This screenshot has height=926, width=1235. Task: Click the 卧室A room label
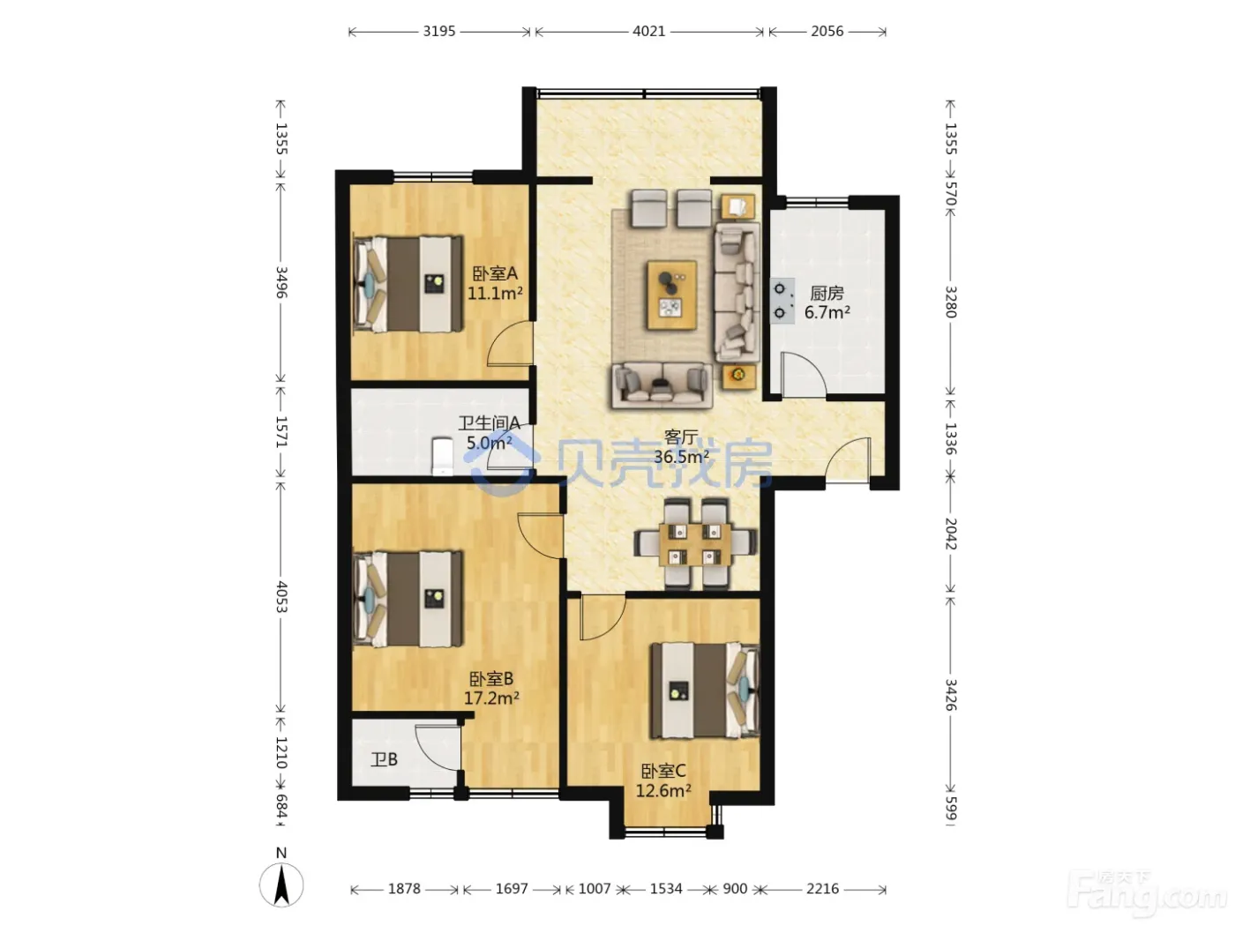[495, 273]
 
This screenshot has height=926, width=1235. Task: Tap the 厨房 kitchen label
[827, 293]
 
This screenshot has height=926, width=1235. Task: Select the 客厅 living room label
[681, 437]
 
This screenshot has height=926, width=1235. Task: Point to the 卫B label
[384, 759]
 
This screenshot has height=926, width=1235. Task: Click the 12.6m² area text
[663, 790]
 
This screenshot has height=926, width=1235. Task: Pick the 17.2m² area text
[491, 698]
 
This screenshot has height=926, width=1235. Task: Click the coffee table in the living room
[672, 295]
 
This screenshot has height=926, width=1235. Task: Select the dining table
[695, 543]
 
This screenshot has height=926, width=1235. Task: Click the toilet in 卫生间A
[442, 456]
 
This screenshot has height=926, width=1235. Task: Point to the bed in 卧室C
[705, 690]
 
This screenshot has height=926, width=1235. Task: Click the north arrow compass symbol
[281, 885]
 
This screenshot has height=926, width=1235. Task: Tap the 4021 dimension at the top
[648, 31]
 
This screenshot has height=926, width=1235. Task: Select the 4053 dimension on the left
[281, 597]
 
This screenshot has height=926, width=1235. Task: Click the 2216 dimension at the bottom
[822, 888]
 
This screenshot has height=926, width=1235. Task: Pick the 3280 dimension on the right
[950, 302]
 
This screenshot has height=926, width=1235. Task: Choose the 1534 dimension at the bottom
[666, 888]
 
